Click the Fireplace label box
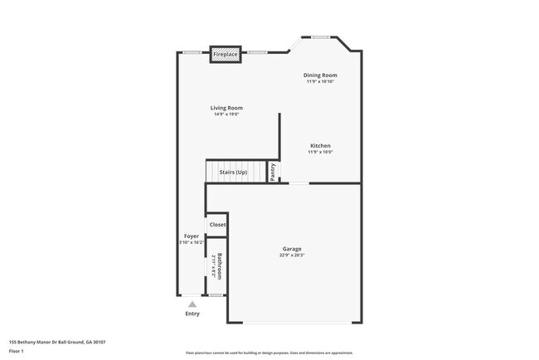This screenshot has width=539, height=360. click(226, 55)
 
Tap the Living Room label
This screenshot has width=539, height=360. click(226, 108)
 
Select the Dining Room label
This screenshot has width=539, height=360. click(320, 75)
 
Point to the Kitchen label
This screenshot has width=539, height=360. click(320, 146)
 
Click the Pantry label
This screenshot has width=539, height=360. click(273, 172)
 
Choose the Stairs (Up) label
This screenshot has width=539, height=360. click(233, 173)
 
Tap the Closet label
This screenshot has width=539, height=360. click(217, 225)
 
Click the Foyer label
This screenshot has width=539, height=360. click(191, 236)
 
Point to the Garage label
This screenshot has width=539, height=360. click(291, 249)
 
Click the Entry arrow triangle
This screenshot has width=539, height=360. click(192, 304)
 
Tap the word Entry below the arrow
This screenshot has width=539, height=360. click(192, 314)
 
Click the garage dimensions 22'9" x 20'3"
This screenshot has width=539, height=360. click(291, 255)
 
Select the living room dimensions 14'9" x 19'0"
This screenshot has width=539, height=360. click(226, 114)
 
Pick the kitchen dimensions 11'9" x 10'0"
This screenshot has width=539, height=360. click(320, 153)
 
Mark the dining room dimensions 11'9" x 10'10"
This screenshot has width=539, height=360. click(320, 82)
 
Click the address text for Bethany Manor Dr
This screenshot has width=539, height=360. click(57, 342)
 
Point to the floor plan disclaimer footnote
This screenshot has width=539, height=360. click(269, 352)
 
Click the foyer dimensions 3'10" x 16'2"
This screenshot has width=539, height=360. click(191, 243)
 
